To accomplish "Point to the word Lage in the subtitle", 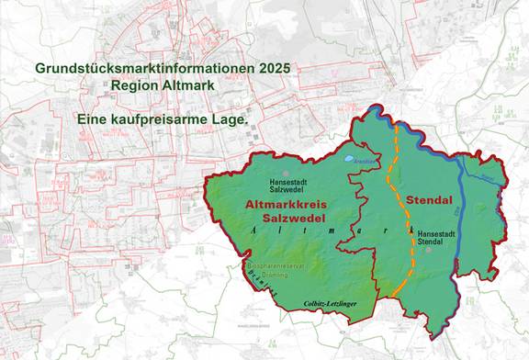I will [233, 119].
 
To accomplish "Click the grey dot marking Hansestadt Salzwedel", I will [286, 173].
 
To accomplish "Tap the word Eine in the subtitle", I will [95, 119].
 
